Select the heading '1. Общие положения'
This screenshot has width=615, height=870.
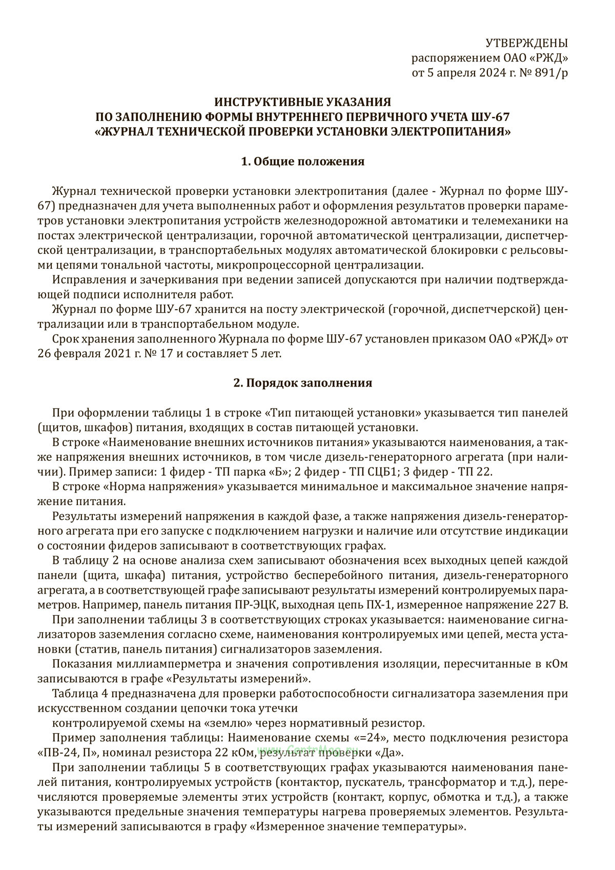[302, 162]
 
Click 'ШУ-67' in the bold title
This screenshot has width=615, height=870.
[493, 117]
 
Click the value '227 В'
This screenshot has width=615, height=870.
[551, 604]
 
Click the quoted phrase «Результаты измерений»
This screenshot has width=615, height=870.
[252, 679]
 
